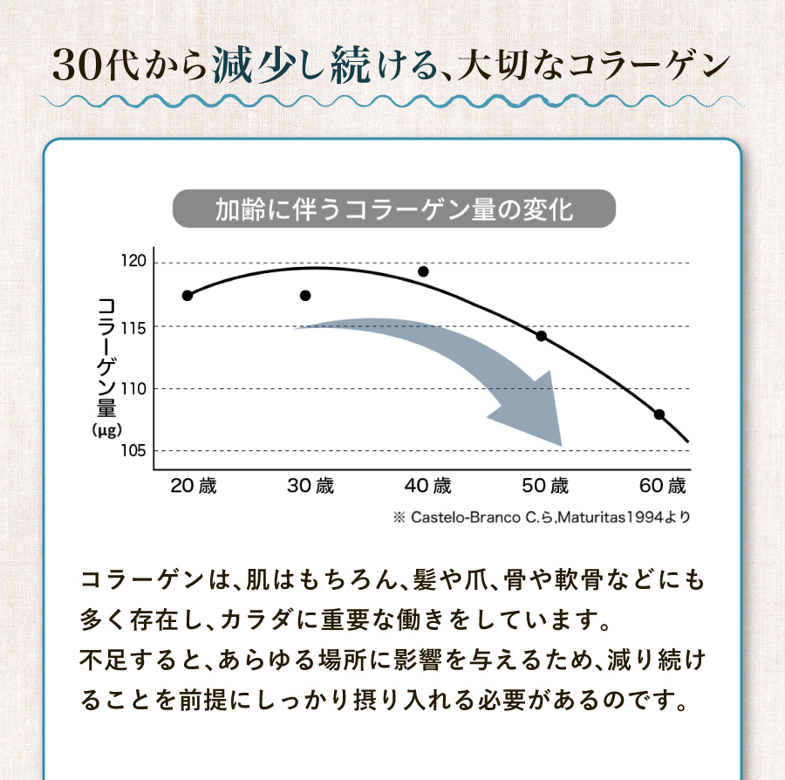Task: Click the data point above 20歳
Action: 188,296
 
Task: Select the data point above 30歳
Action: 305,296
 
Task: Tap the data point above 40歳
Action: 423,271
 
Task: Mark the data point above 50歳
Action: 541,336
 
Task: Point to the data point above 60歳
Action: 659,414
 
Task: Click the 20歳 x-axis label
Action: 194,486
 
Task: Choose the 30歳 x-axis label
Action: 311,486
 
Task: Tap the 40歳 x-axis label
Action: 428,486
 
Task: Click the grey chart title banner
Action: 394,209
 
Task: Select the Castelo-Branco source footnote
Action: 542,517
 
